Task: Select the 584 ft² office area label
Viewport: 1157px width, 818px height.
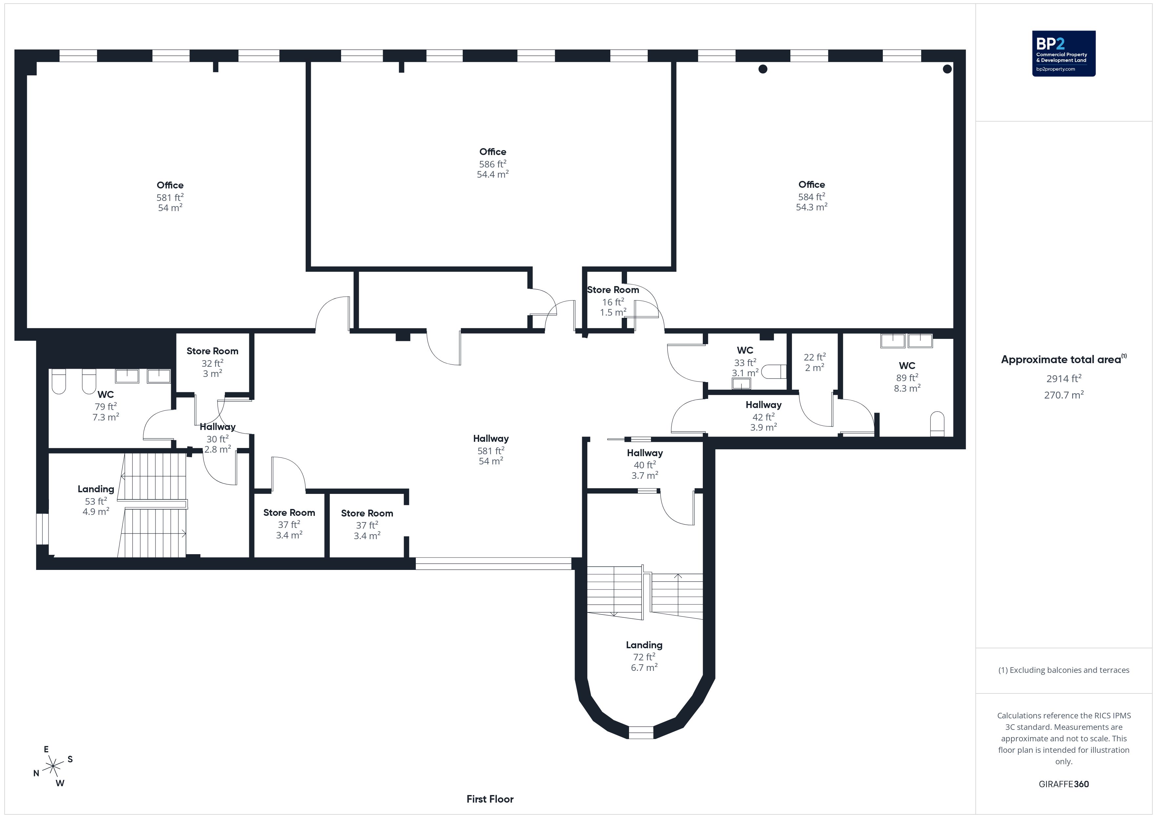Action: (x=811, y=196)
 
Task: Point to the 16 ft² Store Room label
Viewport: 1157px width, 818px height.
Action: (x=613, y=301)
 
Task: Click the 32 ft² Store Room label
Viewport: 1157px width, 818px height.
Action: (x=212, y=362)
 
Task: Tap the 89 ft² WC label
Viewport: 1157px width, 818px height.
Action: (x=907, y=377)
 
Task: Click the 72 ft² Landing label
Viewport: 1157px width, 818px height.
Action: (x=644, y=656)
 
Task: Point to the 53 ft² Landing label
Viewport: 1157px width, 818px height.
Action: (x=96, y=500)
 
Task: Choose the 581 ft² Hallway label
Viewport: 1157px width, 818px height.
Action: (x=491, y=450)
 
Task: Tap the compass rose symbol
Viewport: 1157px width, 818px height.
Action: (x=53, y=767)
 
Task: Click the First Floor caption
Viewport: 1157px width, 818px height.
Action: (x=490, y=799)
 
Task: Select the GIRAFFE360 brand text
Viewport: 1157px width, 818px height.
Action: (x=1064, y=784)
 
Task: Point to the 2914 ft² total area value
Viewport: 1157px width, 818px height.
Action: (x=1064, y=378)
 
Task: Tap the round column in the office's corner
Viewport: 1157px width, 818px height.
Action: (x=947, y=69)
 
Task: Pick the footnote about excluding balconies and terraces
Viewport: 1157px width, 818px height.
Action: (x=1064, y=670)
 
